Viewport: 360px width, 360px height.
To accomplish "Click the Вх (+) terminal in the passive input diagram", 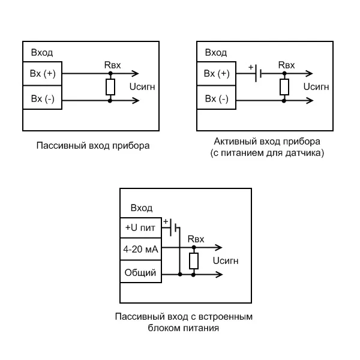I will tap(42, 74).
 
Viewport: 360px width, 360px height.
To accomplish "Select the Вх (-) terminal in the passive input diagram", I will tap(42, 98).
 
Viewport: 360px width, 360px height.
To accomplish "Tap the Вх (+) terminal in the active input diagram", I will tap(217, 74).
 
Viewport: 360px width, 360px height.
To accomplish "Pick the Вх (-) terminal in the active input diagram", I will tap(217, 98).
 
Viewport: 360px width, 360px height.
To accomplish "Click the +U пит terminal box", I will tap(140, 228).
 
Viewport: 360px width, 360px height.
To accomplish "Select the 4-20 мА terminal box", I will tap(140, 249).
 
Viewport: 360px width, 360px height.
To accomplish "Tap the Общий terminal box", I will tap(140, 273).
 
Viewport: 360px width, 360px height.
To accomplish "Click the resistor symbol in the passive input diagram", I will tap(110, 87).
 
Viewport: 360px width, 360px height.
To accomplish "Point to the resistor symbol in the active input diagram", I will tap(284, 87).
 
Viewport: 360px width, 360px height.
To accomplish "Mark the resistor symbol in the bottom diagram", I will tap(194, 261).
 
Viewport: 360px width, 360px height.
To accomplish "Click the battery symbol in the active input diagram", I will tap(258, 74).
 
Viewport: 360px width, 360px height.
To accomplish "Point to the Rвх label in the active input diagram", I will tap(286, 64).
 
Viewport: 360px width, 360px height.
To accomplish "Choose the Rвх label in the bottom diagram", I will tap(196, 239).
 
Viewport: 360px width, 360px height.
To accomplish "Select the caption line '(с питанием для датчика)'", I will tap(267, 153).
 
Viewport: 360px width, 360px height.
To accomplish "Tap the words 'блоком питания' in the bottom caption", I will tap(183, 328).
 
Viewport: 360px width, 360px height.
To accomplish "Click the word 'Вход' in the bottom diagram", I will tap(141, 208).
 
